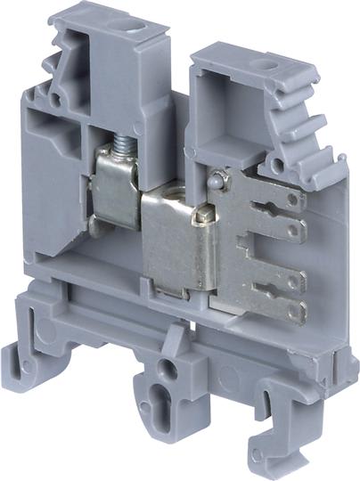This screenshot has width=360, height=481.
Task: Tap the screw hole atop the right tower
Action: pyautogui.click(x=266, y=64)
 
